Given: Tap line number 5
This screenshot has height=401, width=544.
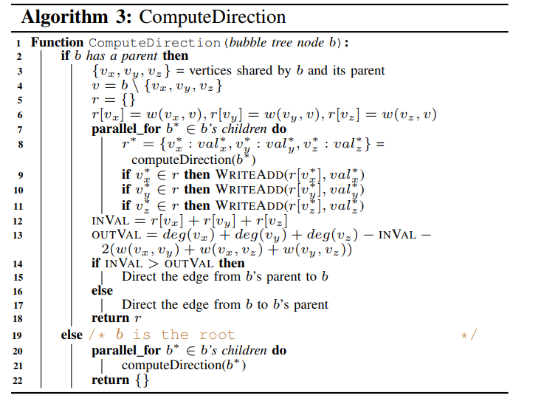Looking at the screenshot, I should (20, 99).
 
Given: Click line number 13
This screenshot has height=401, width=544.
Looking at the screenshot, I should (20, 235).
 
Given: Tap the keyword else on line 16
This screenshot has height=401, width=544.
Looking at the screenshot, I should (103, 291).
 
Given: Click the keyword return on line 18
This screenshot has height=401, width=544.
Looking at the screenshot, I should (109, 318).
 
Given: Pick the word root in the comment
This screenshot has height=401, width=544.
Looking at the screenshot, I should (216, 335).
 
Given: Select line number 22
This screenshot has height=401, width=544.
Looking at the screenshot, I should (20, 380).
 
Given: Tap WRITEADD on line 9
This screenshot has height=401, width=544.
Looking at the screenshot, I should (246, 174).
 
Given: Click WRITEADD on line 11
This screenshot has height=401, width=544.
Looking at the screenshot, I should (246, 205).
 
